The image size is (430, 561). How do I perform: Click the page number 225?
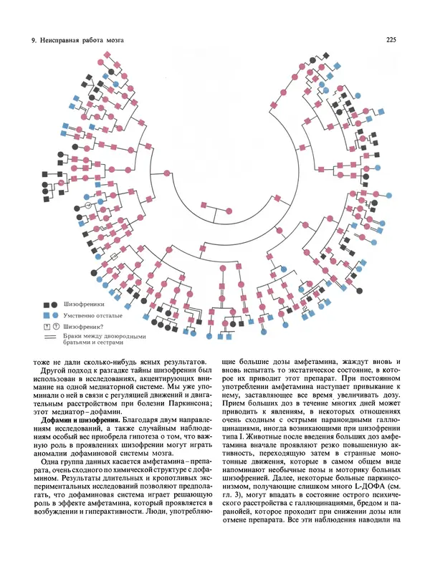392,40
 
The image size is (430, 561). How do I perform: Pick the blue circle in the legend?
54,315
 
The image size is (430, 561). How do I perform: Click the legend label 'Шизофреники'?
85,305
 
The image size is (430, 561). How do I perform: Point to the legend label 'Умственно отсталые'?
92,315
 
